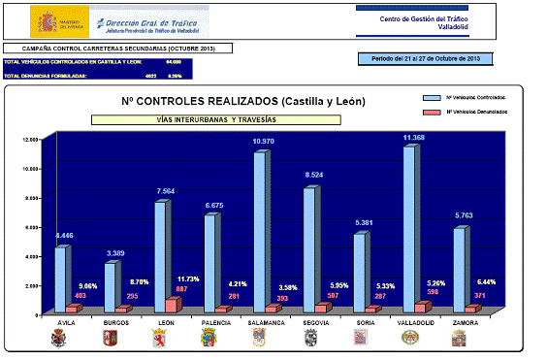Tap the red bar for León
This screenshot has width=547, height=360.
(x=172, y=305)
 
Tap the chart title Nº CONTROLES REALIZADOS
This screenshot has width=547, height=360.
(x=217, y=101)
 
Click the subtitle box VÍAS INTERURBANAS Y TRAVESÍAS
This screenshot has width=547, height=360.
(x=215, y=119)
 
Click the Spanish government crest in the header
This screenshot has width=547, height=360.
(x=46, y=21)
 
